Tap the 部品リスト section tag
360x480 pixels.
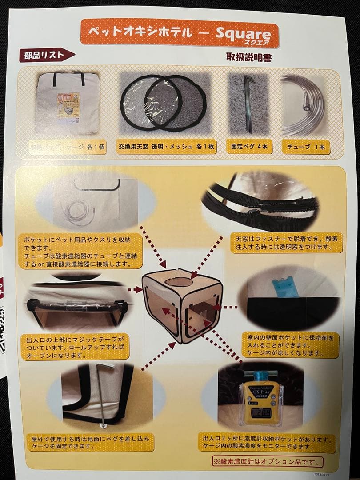tap(44, 56)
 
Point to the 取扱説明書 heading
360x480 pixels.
tap(249, 58)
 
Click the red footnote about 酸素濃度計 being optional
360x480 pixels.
tap(267, 461)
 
